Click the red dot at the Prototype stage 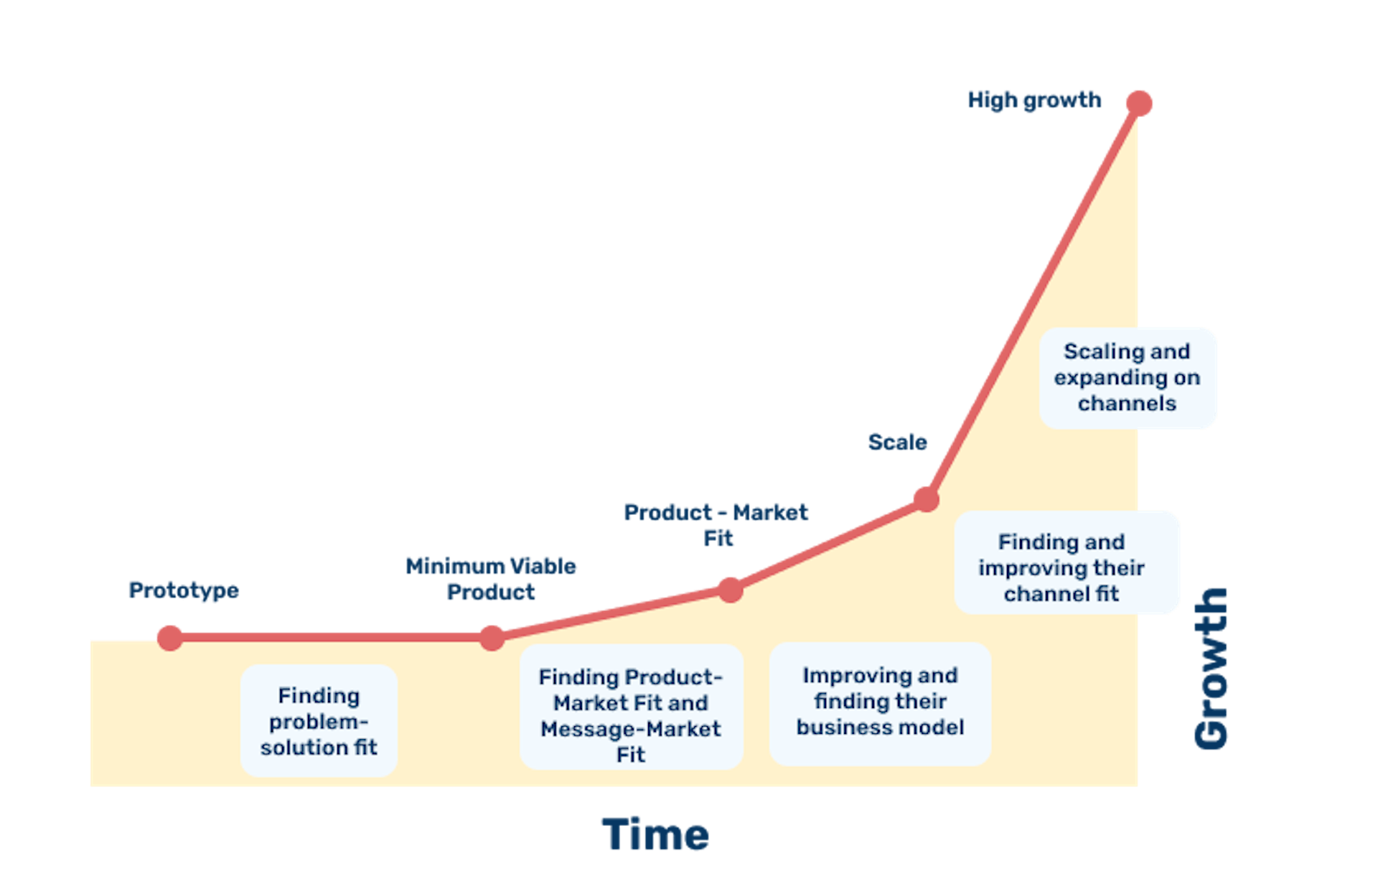pos(170,638)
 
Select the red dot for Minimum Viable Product pos(492,638)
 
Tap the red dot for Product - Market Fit pos(731,590)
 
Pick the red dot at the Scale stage pos(927,499)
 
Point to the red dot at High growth pos(1139,103)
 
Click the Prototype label pos(184,590)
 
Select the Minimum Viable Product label pos(491,579)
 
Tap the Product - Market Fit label pos(716,525)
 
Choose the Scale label pos(897,442)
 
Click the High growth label pos(1034,100)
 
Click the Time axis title pos(655,835)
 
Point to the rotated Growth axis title pos(1211,669)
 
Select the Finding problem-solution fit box pos(319,720)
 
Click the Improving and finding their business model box pos(880,703)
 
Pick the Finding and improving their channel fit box pos(1066,562)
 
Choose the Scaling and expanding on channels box pos(1127,378)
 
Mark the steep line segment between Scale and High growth pos(1033,302)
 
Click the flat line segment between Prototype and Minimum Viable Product pos(331,638)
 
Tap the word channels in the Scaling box pos(1127,404)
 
